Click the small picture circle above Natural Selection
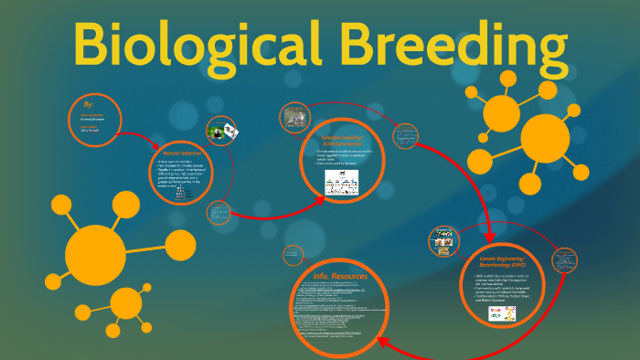[224, 132]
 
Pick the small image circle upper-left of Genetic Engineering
[443, 241]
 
